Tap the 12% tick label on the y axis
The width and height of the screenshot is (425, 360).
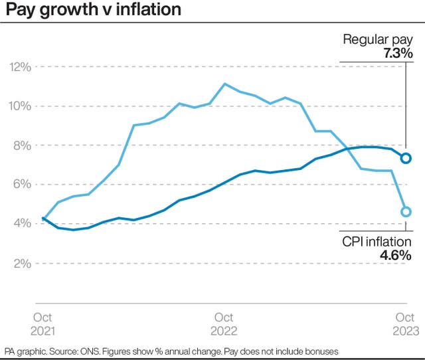(20, 66)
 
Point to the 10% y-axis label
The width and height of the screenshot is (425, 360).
(20, 106)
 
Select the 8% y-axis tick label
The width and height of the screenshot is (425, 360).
(22, 145)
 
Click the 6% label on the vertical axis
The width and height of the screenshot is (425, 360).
(22, 184)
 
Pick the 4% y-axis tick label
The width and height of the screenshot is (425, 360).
(22, 223)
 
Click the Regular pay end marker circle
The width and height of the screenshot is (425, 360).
(406, 158)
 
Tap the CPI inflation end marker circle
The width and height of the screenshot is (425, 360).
(406, 212)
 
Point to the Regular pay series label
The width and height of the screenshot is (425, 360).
(377, 39)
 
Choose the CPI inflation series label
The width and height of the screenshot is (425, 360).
(377, 242)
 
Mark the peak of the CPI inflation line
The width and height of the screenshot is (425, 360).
(224, 84)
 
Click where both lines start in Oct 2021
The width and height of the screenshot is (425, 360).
(44, 218)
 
